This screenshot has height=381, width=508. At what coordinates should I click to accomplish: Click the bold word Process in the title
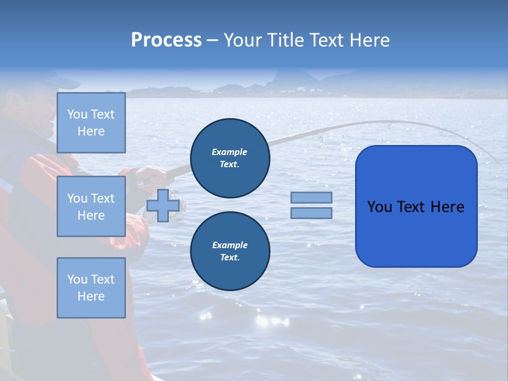click(166, 40)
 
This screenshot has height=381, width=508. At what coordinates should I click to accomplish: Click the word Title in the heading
click(284, 40)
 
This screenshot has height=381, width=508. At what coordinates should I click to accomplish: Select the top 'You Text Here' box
click(91, 123)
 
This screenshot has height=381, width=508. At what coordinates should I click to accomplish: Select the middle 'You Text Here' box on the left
click(91, 206)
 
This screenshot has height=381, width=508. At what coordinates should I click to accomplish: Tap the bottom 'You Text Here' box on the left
click(91, 288)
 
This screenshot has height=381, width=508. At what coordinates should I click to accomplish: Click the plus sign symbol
click(162, 205)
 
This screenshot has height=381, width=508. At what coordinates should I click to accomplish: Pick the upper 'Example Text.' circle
click(230, 158)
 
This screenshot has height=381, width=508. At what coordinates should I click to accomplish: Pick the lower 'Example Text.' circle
click(230, 251)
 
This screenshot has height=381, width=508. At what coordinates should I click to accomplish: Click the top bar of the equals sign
click(311, 197)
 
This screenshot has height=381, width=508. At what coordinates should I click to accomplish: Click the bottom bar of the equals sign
click(311, 213)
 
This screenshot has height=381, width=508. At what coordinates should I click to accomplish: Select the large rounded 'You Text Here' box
click(416, 206)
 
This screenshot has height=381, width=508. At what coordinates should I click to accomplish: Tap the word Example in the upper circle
click(230, 152)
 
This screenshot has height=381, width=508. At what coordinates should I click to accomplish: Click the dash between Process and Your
click(213, 40)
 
